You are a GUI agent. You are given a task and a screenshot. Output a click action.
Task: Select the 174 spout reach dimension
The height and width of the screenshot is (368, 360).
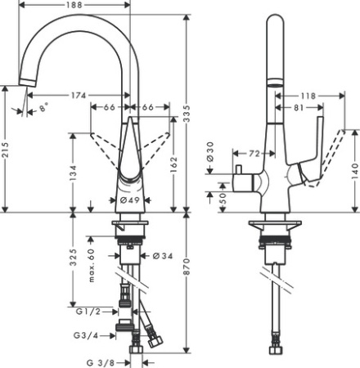click(79, 96)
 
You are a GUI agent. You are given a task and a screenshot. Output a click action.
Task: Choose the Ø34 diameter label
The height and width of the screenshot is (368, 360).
click(162, 255)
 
